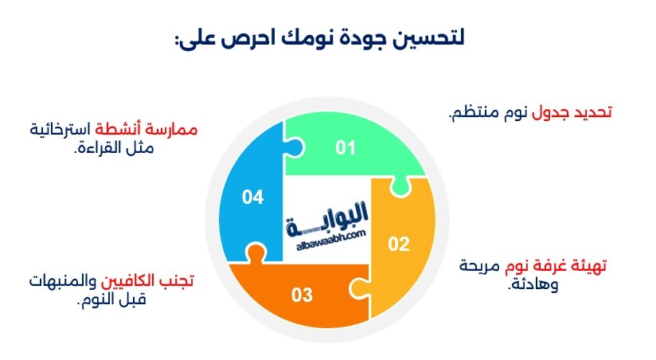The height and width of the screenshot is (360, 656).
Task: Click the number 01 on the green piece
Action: point(344,147)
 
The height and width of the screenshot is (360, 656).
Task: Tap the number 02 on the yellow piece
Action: point(398,244)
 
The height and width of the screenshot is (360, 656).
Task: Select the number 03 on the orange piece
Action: point(302,295)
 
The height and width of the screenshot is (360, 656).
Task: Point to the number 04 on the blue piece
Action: point(252,197)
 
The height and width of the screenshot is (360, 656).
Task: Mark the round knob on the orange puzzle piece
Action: point(255,253)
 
